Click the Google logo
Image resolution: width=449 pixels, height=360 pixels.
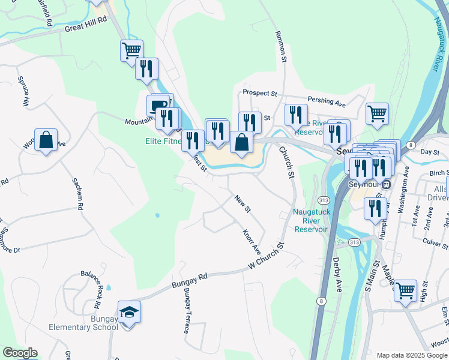click(20, 353)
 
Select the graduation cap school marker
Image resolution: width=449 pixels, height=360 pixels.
click(129, 313)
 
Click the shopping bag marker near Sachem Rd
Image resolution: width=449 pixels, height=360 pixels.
click(46, 140)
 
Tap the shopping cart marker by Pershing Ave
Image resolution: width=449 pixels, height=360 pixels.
click(377, 112)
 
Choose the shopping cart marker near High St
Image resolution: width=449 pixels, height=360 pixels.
click(406, 290)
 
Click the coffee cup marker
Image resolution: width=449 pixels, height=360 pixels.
click(158, 106)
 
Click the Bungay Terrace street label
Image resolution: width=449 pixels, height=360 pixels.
click(187, 310)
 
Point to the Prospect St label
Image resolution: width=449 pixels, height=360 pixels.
click(260, 93)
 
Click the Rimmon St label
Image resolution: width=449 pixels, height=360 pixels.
click(280, 47)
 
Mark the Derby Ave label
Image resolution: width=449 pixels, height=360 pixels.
click(337, 275)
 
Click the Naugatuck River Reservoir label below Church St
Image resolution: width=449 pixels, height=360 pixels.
click(310, 220)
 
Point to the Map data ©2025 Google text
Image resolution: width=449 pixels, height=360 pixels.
click(411, 355)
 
